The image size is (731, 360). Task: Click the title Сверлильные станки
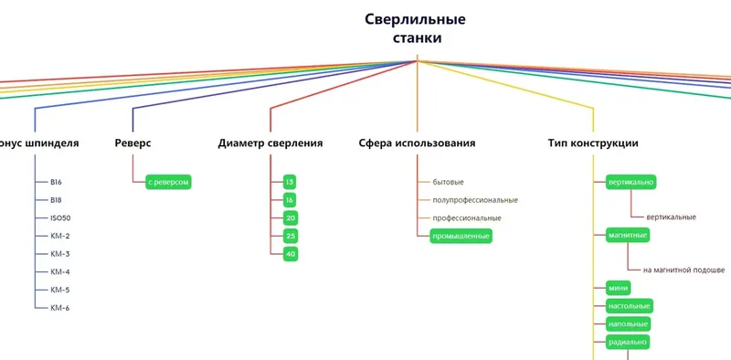pos(416,28)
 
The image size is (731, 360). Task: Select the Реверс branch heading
pos(133,143)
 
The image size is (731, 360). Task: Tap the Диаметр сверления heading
pos(270,143)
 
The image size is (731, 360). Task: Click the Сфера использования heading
pos(417,143)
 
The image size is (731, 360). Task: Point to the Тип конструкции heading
pos(593,143)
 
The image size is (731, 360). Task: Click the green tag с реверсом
pos(169,182)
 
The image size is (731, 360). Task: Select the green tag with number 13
pos(290,182)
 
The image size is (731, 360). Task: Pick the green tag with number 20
pos(290,217)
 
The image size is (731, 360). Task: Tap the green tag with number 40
pos(290,253)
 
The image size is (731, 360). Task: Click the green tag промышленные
pos(461,236)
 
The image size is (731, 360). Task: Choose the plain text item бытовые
pos(448,182)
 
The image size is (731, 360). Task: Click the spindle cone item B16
pos(57,182)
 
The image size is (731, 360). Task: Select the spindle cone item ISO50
pos(61,217)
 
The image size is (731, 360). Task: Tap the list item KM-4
pos(60,271)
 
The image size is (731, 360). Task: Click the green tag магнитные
pos(628,235)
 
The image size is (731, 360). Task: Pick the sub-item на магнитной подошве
pos(683,270)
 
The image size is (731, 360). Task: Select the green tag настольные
pos(630,305)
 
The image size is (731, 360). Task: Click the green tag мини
pos(618,288)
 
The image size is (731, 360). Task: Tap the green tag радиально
pos(628,342)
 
